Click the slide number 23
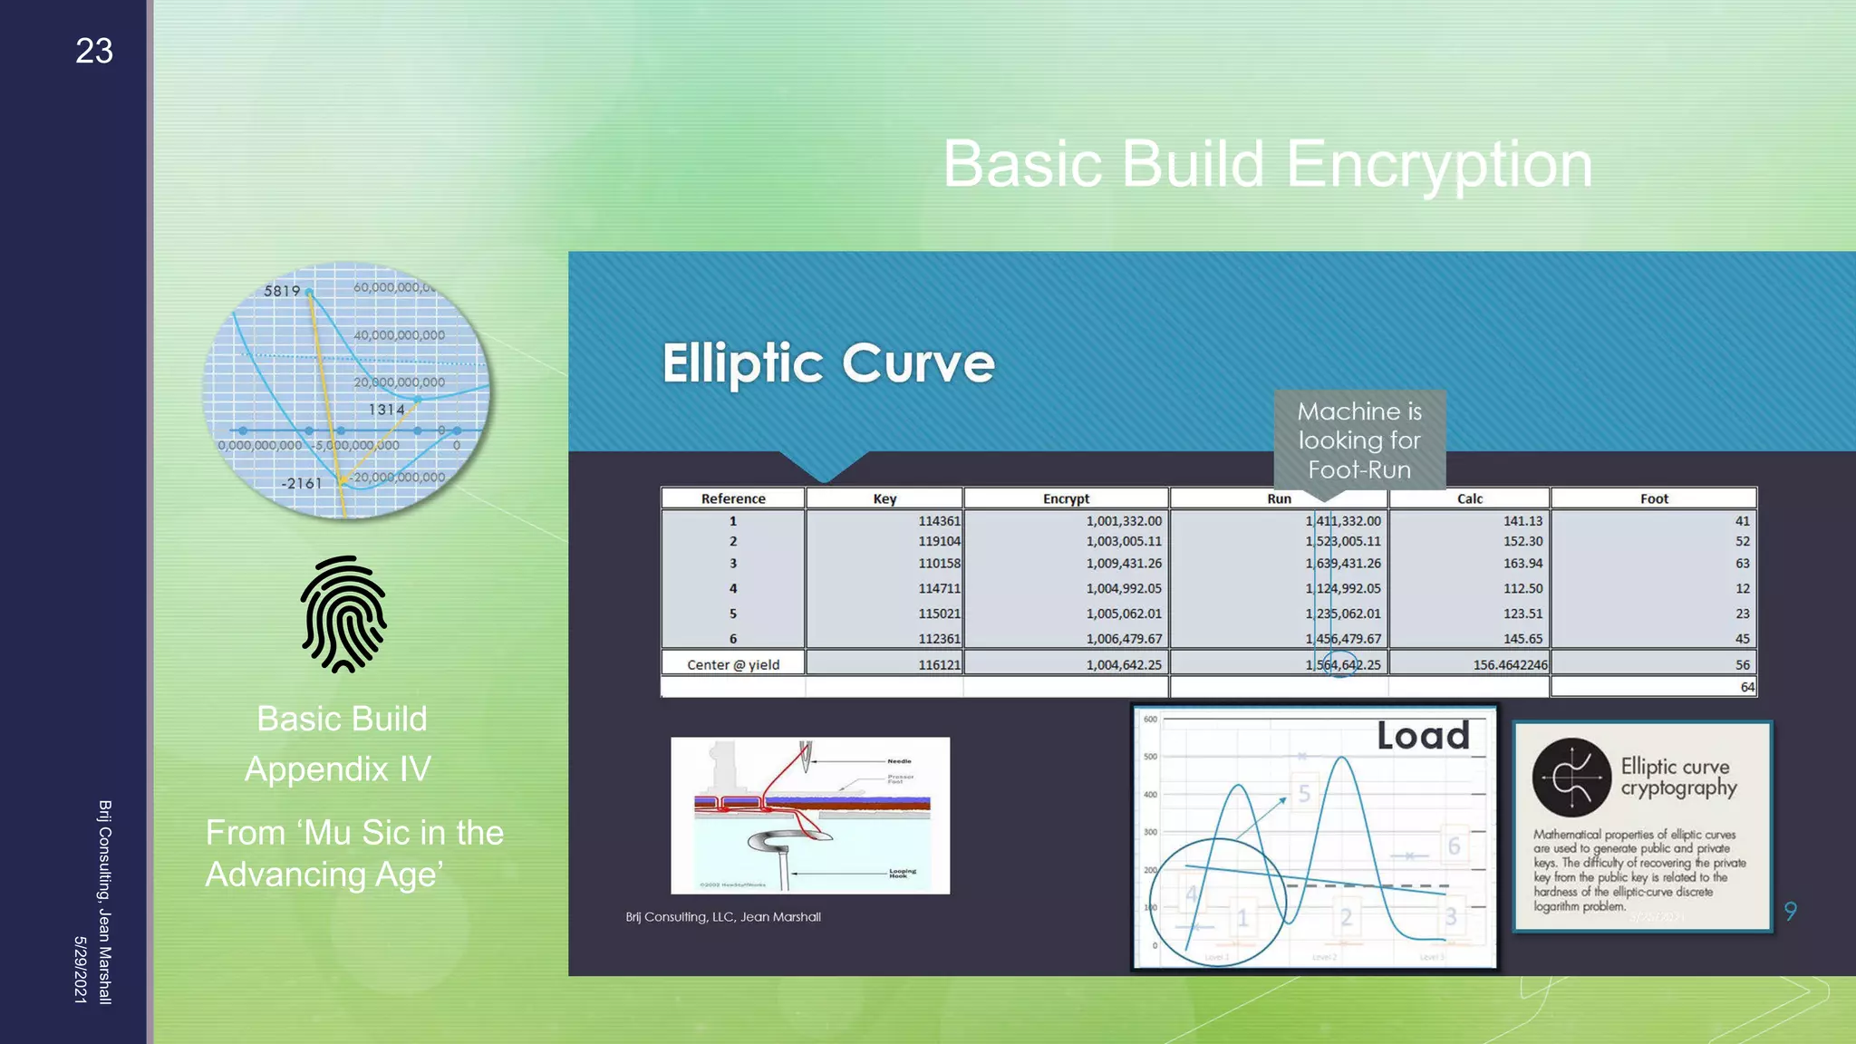94,52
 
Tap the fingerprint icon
343,614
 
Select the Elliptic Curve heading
827,363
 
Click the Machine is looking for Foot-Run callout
1359,440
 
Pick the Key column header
884,498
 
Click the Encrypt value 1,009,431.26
1123,563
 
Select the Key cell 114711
939,588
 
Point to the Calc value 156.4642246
1509,664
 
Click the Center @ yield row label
732,664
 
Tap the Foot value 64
1746,687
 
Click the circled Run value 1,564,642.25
1343,664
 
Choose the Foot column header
1653,498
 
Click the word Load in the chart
1422,736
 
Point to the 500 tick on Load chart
1150,757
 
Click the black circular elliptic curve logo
1571,778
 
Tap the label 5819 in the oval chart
281,291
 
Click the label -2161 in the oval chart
301,483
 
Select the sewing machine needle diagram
809,815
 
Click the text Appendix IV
337,768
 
